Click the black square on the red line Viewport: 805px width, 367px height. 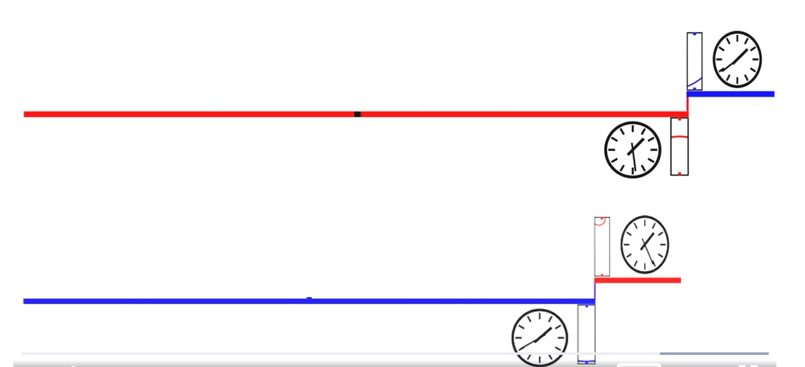click(x=357, y=114)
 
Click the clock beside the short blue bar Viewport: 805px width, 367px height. click(x=737, y=59)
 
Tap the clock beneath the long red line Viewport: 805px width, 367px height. click(x=633, y=150)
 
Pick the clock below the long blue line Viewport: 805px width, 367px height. click(x=540, y=336)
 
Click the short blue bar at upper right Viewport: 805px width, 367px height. click(x=731, y=94)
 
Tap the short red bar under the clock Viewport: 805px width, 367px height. click(x=638, y=280)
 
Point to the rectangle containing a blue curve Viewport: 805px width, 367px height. click(x=694, y=61)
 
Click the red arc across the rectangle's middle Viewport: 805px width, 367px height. click(x=679, y=137)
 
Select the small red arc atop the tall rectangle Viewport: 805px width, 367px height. click(x=600, y=222)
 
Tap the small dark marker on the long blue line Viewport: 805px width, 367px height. click(x=309, y=298)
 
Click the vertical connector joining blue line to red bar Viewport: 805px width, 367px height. click(x=595, y=291)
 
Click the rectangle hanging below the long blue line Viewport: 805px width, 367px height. click(x=586, y=334)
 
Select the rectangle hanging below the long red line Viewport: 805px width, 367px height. click(x=679, y=146)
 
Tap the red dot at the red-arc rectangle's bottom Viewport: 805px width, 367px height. click(x=679, y=172)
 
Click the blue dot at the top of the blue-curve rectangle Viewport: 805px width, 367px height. click(x=694, y=34)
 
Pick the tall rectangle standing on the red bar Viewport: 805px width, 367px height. click(x=602, y=247)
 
